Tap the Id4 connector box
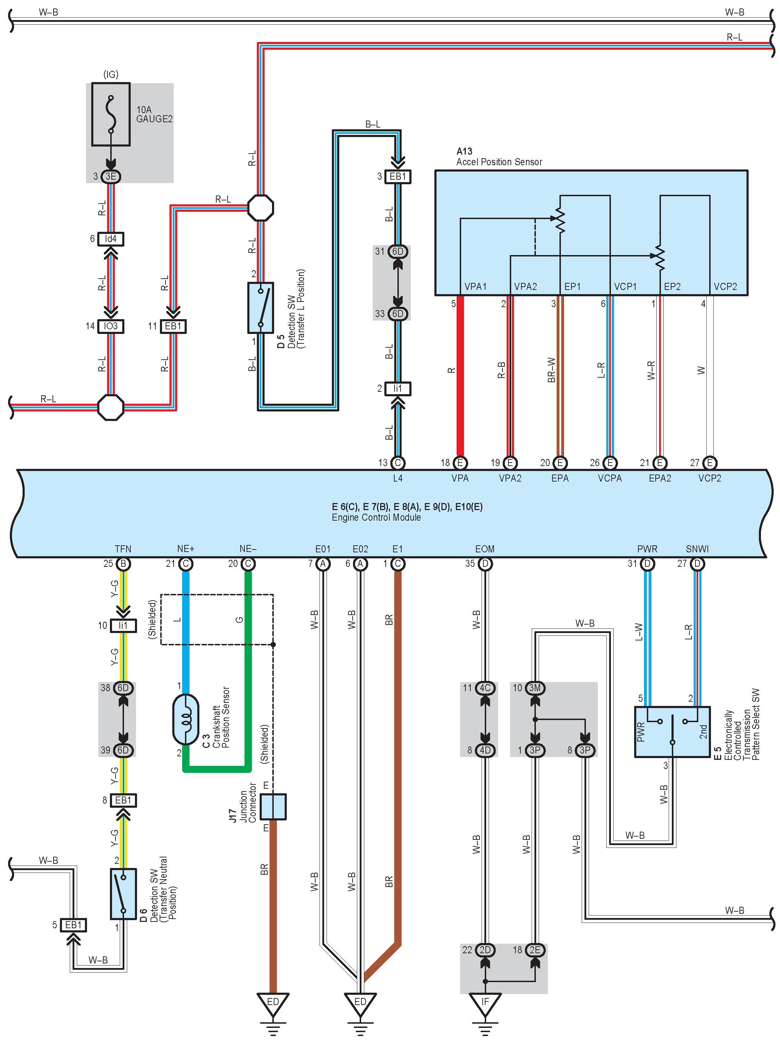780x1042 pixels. click(111, 239)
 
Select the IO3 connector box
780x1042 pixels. click(111, 326)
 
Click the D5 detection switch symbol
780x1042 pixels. click(260, 308)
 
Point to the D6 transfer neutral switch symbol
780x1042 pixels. click(123, 894)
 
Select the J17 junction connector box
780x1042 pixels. click(273, 806)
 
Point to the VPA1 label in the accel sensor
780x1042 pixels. click(475, 286)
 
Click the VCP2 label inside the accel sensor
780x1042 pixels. click(725, 286)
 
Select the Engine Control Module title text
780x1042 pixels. click(376, 517)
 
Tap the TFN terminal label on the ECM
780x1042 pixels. click(123, 549)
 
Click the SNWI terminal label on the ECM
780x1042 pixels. click(697, 549)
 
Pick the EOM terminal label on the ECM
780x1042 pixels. click(485, 549)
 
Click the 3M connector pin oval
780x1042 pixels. click(534, 688)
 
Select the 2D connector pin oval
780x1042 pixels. click(485, 950)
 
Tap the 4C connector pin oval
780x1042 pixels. click(485, 688)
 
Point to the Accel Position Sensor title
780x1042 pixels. click(499, 162)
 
